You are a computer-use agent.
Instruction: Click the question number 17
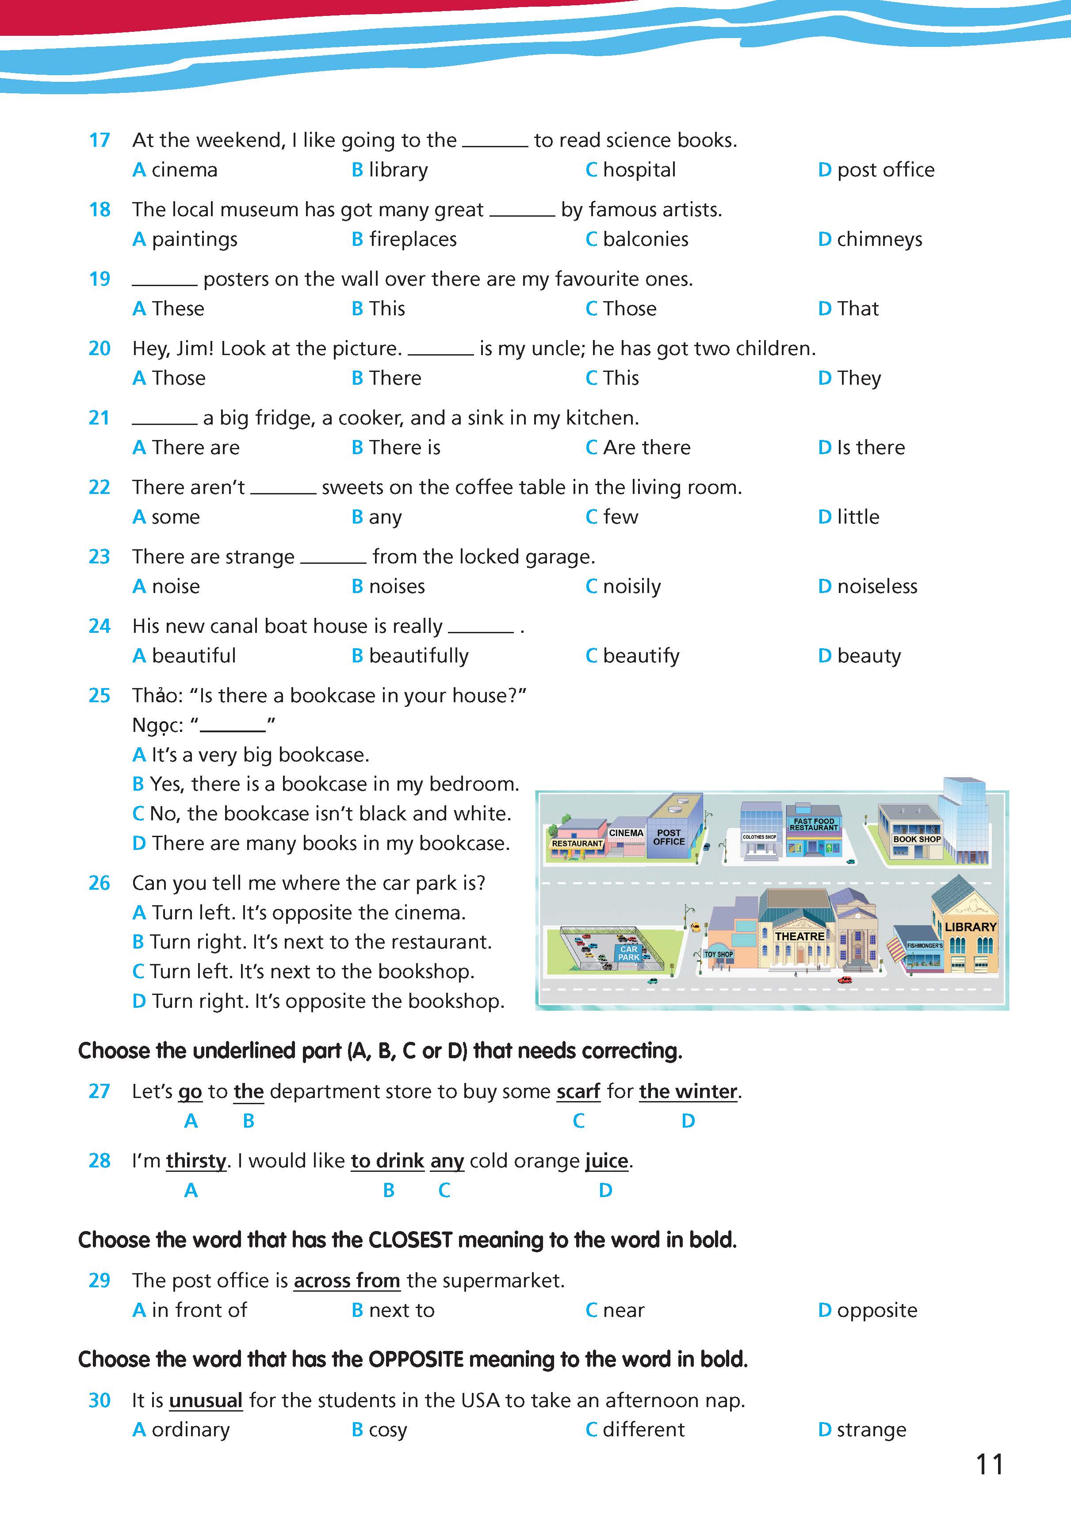(x=99, y=140)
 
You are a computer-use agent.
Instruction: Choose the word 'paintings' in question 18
(x=194, y=240)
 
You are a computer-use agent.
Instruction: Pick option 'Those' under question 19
(x=629, y=309)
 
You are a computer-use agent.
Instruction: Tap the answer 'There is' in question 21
(x=404, y=448)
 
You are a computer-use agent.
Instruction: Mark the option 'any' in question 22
(x=385, y=517)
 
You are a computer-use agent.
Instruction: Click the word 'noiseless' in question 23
(x=876, y=587)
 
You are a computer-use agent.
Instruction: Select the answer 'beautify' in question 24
(x=640, y=656)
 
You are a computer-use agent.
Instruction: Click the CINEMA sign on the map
(x=626, y=833)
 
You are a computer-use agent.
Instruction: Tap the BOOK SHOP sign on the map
(x=917, y=839)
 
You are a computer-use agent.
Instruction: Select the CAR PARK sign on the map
(x=629, y=953)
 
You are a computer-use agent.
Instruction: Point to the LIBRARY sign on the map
(x=970, y=927)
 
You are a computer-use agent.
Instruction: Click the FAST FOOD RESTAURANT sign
(x=814, y=825)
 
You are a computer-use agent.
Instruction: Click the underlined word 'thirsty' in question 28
(x=196, y=1161)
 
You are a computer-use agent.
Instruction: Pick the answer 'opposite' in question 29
(x=876, y=1310)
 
